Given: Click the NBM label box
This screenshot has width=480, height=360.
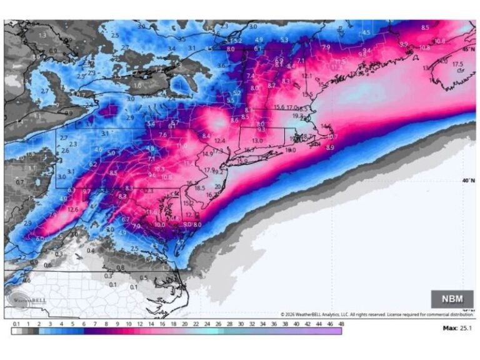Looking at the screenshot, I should [x=452, y=298].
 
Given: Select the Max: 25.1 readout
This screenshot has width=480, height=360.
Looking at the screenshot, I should [x=458, y=327].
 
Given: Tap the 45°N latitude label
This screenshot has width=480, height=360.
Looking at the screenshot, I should [x=467, y=49].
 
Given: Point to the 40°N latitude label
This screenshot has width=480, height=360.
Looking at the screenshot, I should [x=467, y=181].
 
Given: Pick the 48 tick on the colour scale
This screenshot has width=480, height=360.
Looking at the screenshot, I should [x=341, y=324].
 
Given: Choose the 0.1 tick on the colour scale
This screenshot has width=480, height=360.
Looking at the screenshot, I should [x=15, y=324].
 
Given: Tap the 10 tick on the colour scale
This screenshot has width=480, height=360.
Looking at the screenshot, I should [x=128, y=324].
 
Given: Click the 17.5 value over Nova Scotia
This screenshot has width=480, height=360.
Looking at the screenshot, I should [x=457, y=64].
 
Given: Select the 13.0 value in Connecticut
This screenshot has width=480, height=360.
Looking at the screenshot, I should [x=257, y=141].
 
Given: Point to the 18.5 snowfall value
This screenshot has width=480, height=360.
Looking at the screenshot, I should [x=200, y=188].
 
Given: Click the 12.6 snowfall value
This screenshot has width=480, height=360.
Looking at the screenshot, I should [x=73, y=209].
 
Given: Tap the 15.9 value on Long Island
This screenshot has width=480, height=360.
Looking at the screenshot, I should [x=242, y=161].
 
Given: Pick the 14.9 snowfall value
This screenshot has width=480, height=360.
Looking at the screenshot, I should [x=207, y=154].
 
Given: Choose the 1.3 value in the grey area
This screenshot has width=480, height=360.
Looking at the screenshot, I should [x=42, y=36].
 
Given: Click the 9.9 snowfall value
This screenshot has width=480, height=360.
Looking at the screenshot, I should [x=403, y=44].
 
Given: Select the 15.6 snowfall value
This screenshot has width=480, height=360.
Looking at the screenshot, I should [x=279, y=107].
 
